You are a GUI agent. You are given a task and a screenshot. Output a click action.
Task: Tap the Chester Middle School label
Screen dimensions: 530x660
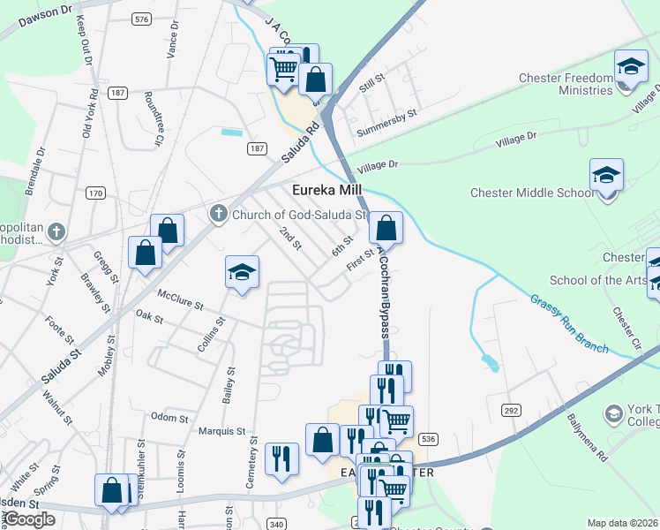tap(532, 193)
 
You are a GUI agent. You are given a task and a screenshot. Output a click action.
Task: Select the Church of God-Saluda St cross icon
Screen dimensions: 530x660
tap(219, 213)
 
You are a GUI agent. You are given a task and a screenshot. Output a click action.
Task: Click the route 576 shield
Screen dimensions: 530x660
tap(140, 18)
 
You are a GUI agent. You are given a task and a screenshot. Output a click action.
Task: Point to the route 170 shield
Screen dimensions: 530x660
tap(95, 193)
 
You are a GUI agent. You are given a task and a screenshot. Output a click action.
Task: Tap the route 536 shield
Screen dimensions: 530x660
tap(429, 439)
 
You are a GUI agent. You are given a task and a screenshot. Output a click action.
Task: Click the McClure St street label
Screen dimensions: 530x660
tap(181, 299)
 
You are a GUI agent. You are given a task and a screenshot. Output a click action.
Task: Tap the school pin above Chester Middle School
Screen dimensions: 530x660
tap(606, 176)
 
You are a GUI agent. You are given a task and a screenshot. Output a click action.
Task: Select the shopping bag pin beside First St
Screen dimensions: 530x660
tap(386, 228)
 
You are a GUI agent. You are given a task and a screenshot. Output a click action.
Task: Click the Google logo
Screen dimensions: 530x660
tap(29, 519)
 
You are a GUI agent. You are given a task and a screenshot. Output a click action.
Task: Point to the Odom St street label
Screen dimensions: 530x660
tap(165, 417)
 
